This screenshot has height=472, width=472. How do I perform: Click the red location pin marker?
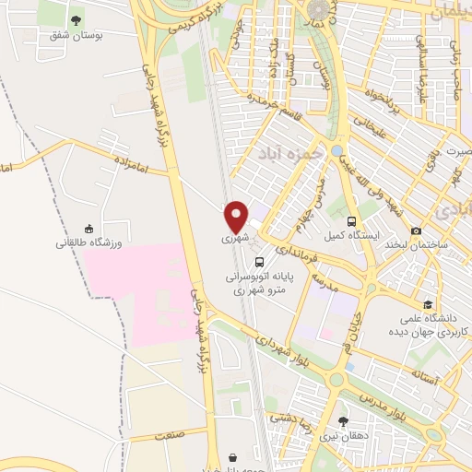237,215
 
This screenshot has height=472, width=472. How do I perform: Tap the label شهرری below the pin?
237,238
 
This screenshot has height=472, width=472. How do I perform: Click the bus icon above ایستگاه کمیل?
351,221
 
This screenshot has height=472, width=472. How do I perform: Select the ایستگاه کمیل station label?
351,237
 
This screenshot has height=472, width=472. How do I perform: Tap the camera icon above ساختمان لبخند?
417,230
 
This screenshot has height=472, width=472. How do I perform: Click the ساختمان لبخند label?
417,245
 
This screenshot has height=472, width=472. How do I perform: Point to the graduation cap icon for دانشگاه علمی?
427,304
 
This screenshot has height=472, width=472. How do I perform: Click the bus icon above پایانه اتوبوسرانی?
260,261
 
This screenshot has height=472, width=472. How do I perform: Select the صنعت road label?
171,433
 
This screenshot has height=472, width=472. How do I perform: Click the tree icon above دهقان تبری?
344,420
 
